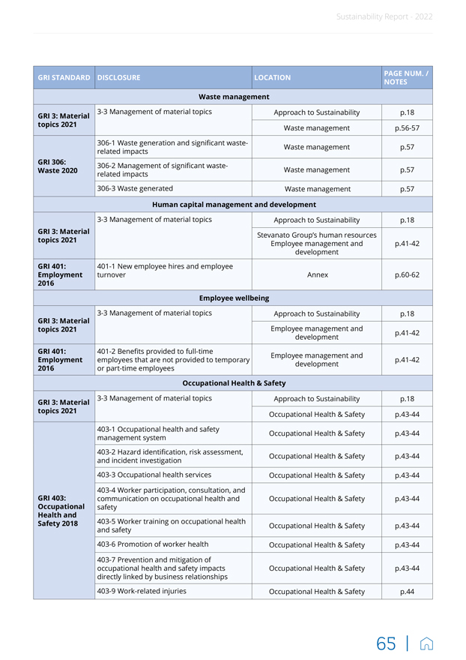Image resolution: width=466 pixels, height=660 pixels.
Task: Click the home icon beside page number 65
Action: click(426, 643)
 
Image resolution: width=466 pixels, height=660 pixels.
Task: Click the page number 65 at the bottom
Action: click(387, 643)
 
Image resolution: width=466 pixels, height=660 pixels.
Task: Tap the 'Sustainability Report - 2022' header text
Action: click(384, 16)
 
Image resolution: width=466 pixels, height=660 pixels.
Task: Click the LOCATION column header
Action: click(273, 77)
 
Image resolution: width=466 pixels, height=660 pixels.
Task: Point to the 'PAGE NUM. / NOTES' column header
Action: click(405, 77)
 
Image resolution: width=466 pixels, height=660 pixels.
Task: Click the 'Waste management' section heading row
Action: click(233, 97)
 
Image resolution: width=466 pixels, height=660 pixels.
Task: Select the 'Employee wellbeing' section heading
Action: click(233, 298)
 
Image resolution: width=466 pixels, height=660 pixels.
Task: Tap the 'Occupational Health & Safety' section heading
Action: click(233, 382)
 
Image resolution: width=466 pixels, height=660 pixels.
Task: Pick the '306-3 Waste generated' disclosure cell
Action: click(136, 188)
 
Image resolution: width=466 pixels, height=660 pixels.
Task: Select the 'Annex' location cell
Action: click(317, 274)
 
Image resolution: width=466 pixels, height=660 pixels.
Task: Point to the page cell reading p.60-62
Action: click(407, 274)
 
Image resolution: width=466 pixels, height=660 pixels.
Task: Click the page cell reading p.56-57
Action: click(407, 128)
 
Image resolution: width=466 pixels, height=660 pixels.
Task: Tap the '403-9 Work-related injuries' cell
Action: click(142, 591)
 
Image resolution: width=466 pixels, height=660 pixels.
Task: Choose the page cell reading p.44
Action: click(407, 592)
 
